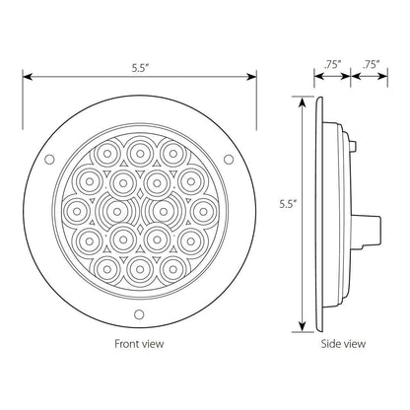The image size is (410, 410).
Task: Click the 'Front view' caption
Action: coord(138,344)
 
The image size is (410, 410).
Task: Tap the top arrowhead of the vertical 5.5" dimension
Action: coord(299,101)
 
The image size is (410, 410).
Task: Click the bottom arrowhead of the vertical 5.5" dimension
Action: coord(299,316)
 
